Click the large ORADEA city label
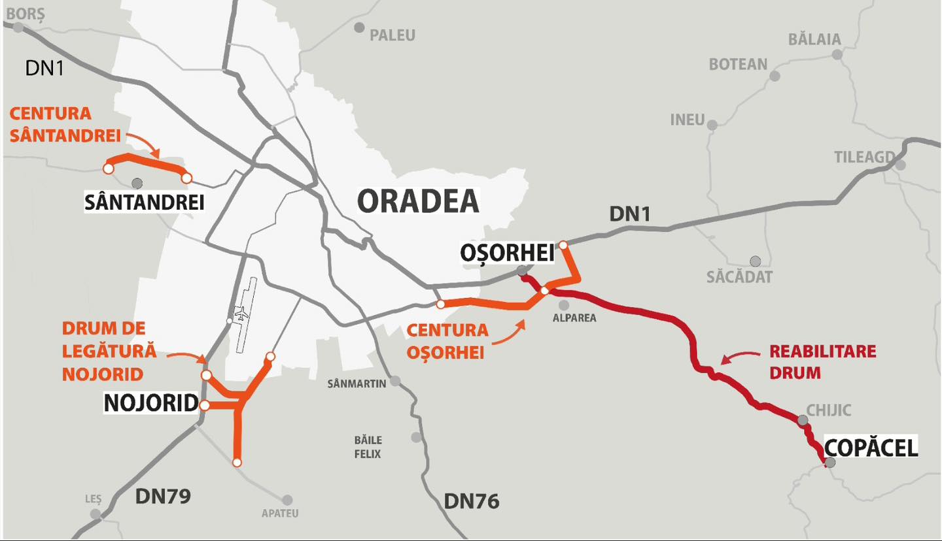point(418,201)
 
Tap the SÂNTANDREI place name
point(145,203)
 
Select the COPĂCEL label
point(871,448)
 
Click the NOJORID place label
point(151,404)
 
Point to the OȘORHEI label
point(506,253)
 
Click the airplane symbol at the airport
point(241,313)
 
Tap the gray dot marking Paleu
point(359,27)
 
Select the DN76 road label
point(471,501)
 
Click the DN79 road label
point(163,496)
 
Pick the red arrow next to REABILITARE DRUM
point(739,358)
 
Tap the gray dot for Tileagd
point(900,165)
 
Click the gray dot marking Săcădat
point(756,261)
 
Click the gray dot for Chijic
point(803,420)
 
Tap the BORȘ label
point(26,13)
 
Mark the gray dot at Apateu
point(287,500)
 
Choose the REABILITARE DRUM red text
point(822,361)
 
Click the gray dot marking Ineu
point(712,125)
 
